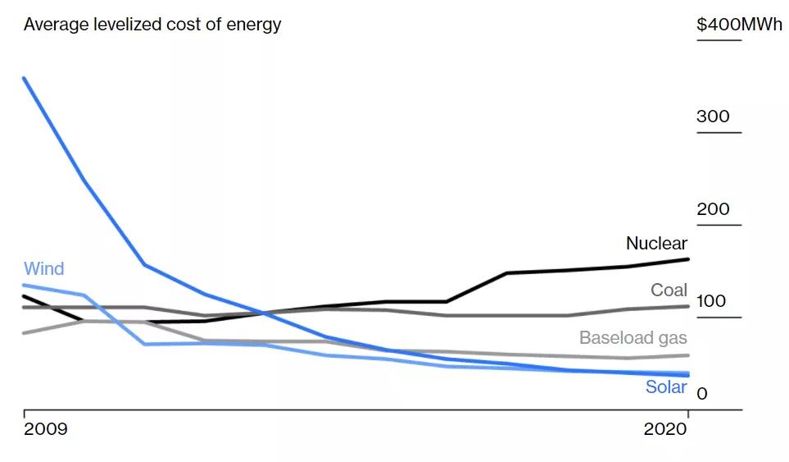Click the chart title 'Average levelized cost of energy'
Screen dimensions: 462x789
152,25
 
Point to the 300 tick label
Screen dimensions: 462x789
713,117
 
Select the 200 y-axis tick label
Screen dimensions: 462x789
713,209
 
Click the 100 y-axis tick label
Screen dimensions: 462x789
712,301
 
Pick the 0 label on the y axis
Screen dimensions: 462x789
701,394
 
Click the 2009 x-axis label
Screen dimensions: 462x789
46,430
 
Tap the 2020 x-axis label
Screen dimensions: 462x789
665,430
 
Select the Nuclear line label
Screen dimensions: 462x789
656,243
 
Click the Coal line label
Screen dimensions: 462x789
669,290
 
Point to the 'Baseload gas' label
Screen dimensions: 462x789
633,337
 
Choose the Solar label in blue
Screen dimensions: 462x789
665,387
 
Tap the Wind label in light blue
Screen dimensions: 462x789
43,269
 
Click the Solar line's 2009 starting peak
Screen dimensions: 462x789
24,78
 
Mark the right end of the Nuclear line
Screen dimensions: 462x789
688,259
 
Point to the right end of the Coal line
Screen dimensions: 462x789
688,306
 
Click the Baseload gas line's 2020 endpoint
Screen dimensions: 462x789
688,355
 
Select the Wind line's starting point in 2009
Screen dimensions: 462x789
24,285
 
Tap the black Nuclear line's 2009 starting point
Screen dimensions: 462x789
24,296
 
